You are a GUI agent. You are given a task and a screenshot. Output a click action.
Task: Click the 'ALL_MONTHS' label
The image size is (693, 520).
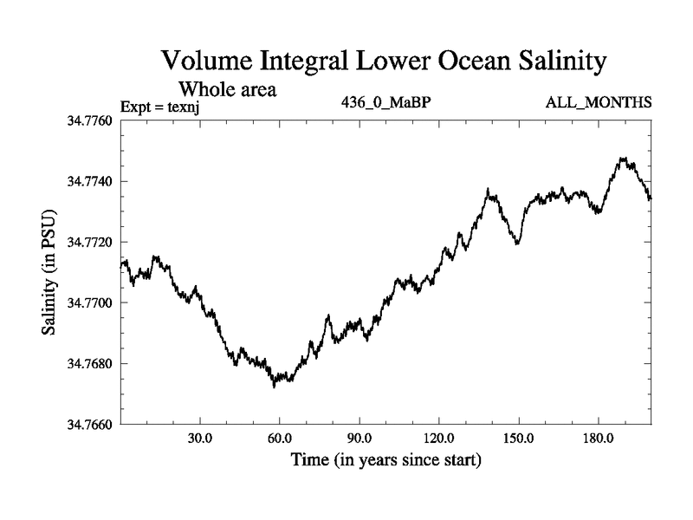click(599, 103)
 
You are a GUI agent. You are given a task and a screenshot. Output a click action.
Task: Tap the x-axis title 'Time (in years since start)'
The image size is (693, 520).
click(385, 459)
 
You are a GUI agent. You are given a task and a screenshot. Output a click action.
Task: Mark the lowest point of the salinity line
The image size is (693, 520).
click(274, 387)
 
